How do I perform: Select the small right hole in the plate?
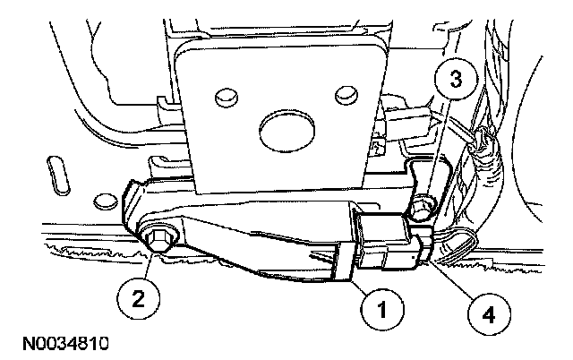tap(340, 92)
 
